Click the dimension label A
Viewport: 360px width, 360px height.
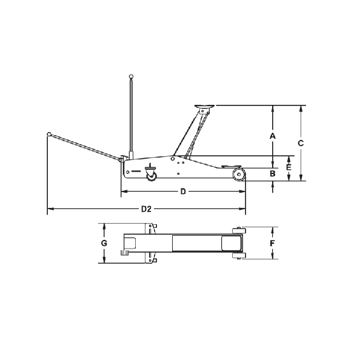[x=273, y=136]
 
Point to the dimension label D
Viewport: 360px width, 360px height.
[x=182, y=192]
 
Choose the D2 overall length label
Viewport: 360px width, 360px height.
[x=145, y=210]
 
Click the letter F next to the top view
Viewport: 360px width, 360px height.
[x=273, y=243]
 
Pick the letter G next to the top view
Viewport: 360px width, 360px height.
[x=104, y=243]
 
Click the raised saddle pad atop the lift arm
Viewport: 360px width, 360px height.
[x=204, y=108]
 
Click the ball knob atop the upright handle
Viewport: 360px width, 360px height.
[x=130, y=76]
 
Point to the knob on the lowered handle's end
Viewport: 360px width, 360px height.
[x=48, y=135]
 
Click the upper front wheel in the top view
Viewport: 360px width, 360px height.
[x=238, y=229]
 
